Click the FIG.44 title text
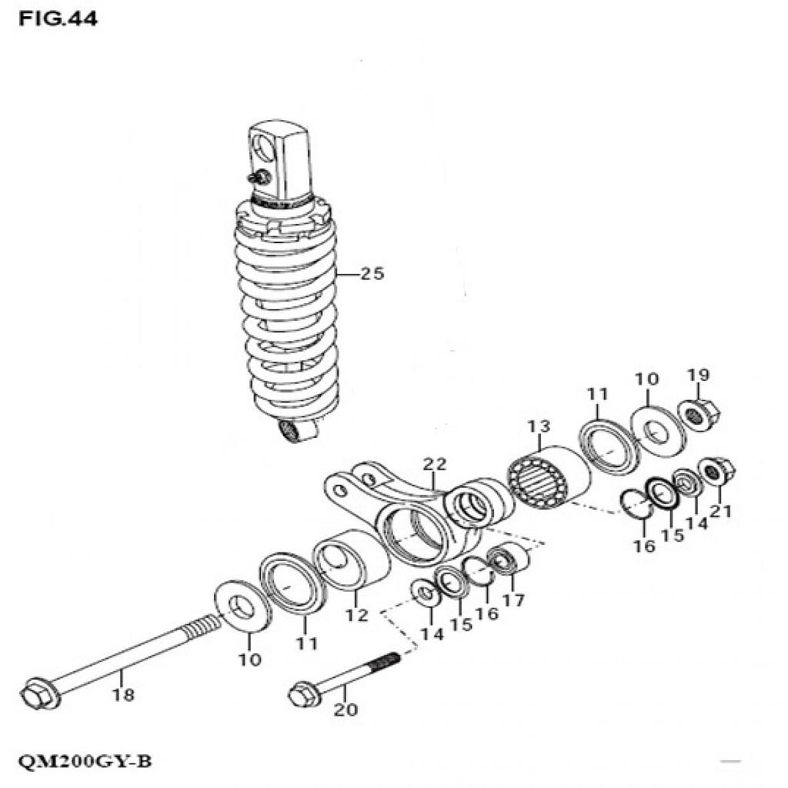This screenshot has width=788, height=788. [58, 19]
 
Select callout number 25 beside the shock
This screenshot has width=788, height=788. [372, 274]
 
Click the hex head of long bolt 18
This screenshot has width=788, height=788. [35, 696]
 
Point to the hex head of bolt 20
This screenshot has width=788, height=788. [302, 696]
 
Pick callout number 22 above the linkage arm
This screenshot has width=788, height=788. [434, 463]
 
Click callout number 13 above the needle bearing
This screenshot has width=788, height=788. [539, 426]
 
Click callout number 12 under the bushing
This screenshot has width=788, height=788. [357, 615]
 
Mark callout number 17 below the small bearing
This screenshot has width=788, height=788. [513, 600]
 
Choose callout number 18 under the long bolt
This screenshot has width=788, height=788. [123, 695]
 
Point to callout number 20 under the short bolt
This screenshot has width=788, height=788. [346, 710]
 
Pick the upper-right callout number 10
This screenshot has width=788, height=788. [647, 379]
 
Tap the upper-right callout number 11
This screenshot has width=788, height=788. [598, 394]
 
